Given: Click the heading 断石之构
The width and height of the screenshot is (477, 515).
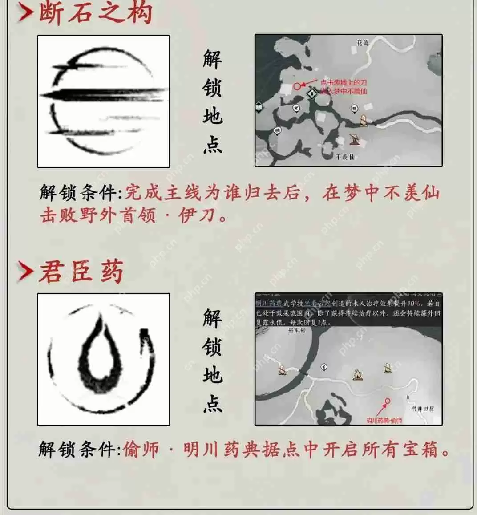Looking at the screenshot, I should coord(96,12).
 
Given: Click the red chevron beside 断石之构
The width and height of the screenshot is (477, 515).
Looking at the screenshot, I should coord(25,13).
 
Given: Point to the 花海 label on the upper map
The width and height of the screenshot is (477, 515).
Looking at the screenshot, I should coord(363,43).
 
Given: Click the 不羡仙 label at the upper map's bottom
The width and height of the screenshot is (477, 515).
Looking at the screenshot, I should coord(346,157).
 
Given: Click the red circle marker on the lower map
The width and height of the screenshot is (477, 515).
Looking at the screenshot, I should coord(388,401).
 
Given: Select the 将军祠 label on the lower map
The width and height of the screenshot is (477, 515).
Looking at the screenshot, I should coord(297,330).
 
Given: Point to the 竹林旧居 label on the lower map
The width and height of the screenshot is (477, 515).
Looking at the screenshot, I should coord(422,408).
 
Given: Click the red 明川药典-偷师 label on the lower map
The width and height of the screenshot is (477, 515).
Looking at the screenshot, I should coord(384,420).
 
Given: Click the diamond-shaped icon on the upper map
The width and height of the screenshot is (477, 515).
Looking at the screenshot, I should coord(313,93).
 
